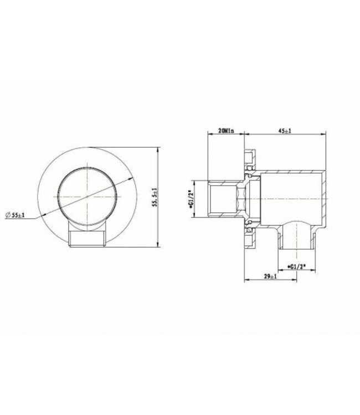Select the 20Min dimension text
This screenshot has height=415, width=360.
226,132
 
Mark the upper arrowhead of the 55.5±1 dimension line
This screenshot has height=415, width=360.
158,151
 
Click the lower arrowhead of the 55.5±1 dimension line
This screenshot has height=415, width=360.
158,245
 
